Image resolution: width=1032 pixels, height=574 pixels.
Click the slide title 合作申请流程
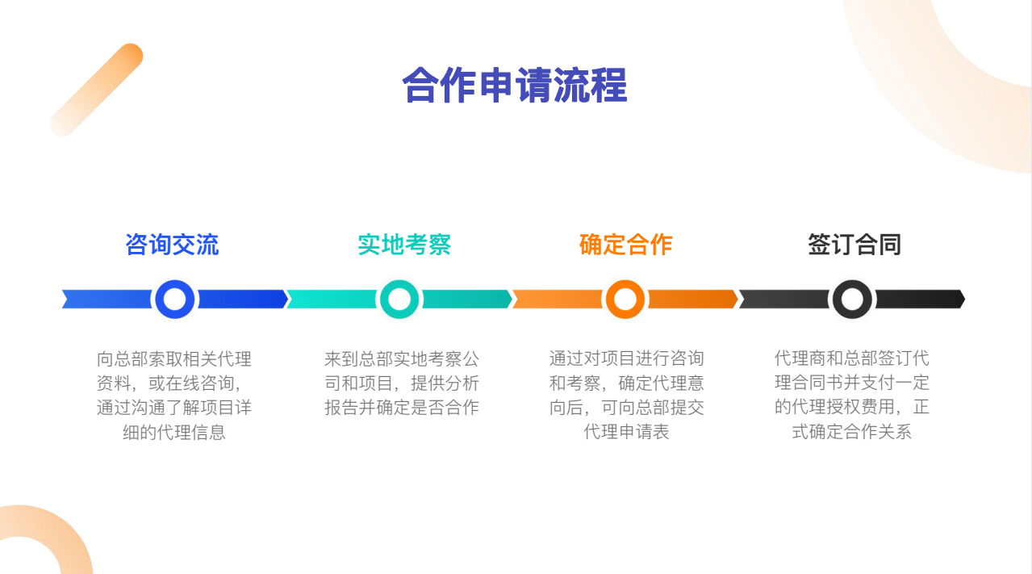click(x=515, y=86)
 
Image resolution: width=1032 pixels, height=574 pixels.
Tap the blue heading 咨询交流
click(x=172, y=245)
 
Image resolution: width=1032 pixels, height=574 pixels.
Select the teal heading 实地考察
click(x=404, y=245)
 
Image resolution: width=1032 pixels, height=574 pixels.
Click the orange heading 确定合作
click(x=625, y=245)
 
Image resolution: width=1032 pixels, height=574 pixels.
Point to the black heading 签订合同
click(x=854, y=245)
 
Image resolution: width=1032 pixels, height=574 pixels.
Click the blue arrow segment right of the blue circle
click(x=243, y=300)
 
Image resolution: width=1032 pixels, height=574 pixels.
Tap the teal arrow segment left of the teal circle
click(x=332, y=300)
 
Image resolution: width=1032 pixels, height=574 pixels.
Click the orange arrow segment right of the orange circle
click(x=693, y=300)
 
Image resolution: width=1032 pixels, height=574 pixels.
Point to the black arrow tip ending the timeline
click(x=965, y=300)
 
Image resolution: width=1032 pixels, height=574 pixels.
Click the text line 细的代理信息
click(x=174, y=433)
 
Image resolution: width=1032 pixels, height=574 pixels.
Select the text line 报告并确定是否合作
click(x=402, y=408)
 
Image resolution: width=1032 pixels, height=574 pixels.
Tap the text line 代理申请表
click(x=626, y=432)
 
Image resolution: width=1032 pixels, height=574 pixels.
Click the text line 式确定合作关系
click(x=851, y=432)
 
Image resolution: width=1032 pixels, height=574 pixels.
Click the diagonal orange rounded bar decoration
click(x=97, y=90)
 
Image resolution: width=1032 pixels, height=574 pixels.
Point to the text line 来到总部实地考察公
click(x=402, y=358)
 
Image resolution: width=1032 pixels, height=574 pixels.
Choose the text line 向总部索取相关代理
click(x=174, y=358)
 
